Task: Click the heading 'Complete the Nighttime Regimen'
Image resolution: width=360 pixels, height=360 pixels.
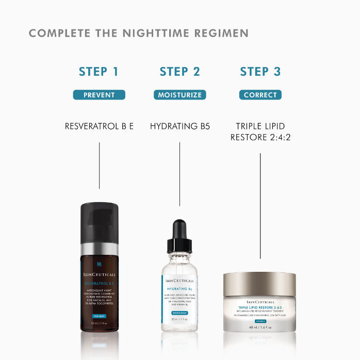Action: [x=139, y=34]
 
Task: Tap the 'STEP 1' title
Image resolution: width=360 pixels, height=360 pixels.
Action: [x=99, y=72]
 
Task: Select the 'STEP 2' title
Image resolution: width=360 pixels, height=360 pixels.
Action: [x=179, y=72]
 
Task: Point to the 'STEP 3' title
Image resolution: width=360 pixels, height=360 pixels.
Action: [x=260, y=72]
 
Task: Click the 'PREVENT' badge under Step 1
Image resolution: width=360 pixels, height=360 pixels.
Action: [x=99, y=95]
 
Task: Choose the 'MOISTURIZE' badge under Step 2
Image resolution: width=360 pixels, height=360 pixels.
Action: [x=179, y=95]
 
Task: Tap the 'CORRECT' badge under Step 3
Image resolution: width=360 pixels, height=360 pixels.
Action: [x=260, y=95]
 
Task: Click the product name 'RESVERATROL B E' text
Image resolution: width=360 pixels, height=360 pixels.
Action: [x=99, y=126]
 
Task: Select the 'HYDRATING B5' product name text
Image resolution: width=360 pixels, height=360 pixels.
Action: [x=180, y=126]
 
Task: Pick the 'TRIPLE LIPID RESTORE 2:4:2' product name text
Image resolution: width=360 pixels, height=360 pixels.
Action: [x=260, y=132]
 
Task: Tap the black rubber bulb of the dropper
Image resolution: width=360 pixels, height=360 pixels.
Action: [x=179, y=230]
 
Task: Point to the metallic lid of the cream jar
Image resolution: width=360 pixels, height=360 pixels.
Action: [x=259, y=284]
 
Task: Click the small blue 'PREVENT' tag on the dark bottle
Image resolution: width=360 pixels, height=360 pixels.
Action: [x=100, y=316]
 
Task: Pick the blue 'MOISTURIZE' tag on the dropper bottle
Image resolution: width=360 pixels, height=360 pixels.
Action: [x=179, y=313]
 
